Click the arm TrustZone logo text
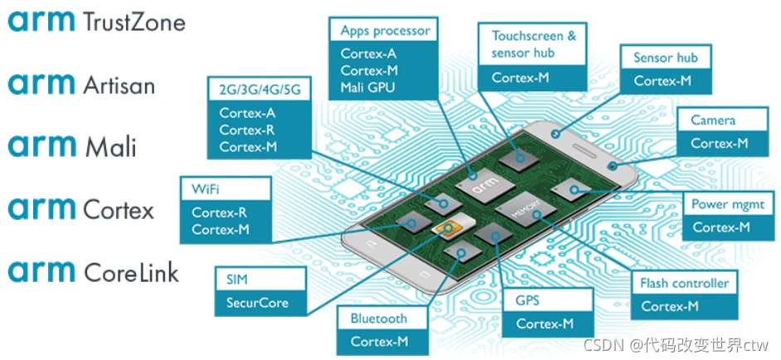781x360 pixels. point(96,22)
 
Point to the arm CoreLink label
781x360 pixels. point(93,271)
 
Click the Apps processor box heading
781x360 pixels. point(385,31)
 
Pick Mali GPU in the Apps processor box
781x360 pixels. point(368,87)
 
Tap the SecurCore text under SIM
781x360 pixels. point(257,303)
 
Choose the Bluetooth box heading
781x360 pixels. point(379,319)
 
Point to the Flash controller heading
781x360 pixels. point(684,283)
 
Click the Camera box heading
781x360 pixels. point(713,120)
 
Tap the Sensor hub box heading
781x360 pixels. point(665,57)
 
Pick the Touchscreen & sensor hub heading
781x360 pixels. point(533,44)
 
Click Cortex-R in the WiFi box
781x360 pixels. point(220,212)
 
